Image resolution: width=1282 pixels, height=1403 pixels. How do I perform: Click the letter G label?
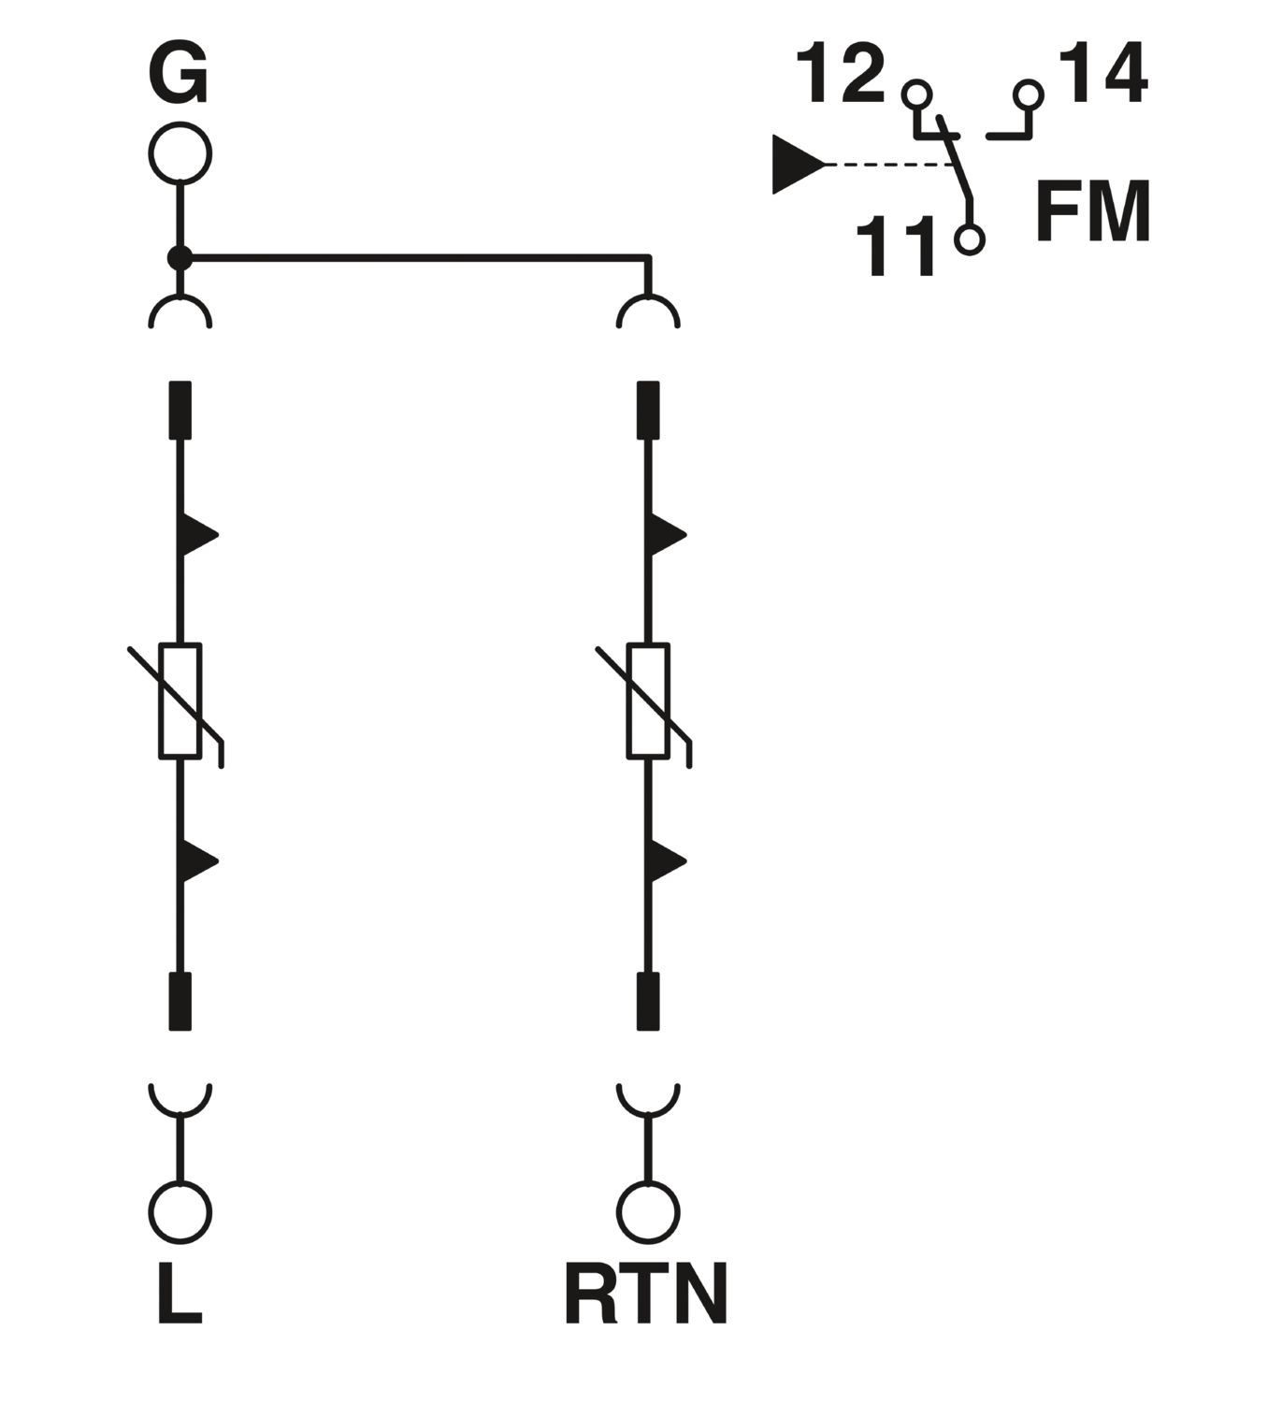pos(179,74)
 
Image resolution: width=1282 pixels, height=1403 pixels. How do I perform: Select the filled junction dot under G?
pos(180,258)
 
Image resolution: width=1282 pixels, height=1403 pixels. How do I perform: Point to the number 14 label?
pos(1103,71)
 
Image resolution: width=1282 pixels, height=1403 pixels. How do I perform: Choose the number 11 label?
pos(896,245)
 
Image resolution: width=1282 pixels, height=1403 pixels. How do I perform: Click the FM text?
pos(1092,210)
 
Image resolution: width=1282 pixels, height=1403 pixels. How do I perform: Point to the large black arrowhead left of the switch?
pos(799,165)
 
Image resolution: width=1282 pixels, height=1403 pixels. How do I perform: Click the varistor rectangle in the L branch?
pos(180,701)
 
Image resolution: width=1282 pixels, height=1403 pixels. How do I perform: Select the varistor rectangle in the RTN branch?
pos(648,701)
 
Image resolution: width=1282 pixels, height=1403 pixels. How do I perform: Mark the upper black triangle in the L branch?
pos(199,535)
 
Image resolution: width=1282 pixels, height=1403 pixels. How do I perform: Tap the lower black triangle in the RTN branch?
pos(668,861)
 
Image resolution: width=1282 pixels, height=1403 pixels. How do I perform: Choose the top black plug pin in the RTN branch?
pos(648,410)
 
